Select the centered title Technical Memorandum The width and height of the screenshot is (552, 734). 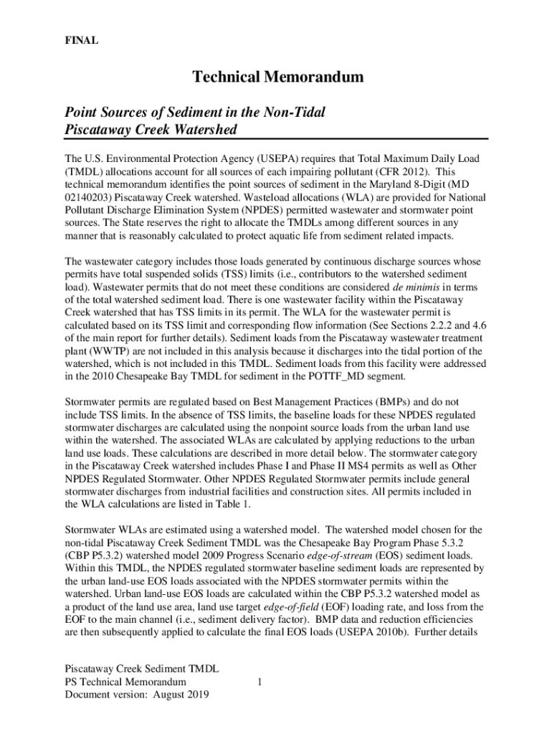point(277,77)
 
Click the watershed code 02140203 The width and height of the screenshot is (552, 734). point(88,197)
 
